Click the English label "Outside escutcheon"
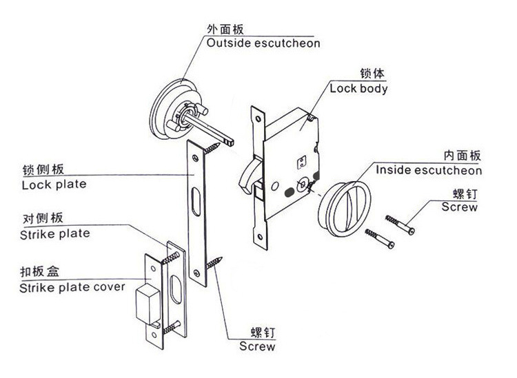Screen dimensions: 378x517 [263, 43]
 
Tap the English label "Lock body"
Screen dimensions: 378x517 [358, 88]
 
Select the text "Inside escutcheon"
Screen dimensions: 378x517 [428, 170]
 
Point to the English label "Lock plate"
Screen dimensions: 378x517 [54, 185]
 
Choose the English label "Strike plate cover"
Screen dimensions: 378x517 [72, 286]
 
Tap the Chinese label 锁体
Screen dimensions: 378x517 [372, 74]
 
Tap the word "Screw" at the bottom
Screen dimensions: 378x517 [257, 346]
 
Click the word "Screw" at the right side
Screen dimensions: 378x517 [459, 207]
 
